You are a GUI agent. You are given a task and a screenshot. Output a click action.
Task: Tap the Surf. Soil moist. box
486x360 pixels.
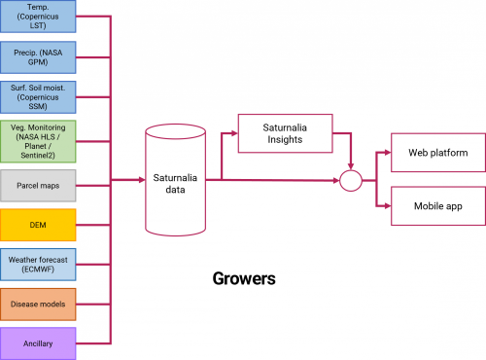38,98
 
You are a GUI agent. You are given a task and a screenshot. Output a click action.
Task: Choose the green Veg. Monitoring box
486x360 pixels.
38,142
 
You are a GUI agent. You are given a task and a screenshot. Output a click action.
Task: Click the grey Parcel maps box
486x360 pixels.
38,185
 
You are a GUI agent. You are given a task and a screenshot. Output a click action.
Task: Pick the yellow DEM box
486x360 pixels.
38,225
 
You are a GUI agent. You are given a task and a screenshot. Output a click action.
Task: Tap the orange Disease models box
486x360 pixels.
38,305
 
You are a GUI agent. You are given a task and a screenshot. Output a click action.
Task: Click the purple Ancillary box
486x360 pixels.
38,342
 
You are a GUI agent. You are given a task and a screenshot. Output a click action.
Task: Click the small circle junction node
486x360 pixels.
350,180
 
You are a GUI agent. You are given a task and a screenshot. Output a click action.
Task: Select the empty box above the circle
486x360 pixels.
285,133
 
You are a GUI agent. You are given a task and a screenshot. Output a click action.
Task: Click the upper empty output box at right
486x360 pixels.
437,152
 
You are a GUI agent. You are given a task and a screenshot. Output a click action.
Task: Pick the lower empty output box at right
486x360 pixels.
437,205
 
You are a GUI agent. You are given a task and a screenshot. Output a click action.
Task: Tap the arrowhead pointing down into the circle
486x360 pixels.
350,165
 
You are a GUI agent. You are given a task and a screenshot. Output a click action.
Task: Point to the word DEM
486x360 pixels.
38,225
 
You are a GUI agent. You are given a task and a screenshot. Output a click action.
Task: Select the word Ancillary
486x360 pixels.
38,342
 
